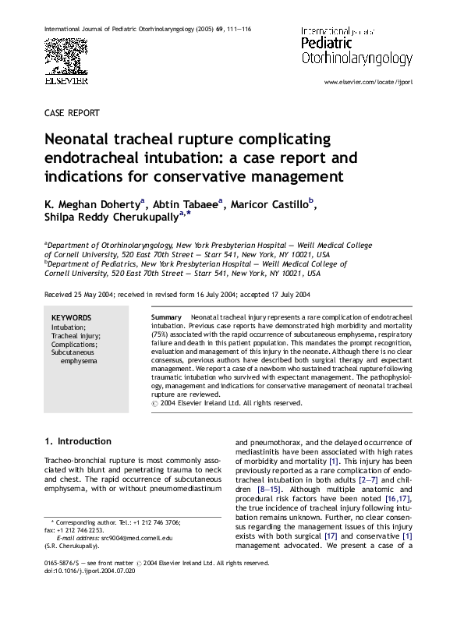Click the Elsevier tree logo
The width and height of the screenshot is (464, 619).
click(66, 54)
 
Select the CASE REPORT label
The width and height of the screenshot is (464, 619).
click(72, 112)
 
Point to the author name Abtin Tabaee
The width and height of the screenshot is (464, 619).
click(188, 205)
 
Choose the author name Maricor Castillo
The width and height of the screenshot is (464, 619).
click(273, 205)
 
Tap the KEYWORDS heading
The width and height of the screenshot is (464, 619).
click(71, 318)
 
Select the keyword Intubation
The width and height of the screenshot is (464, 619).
click(69, 328)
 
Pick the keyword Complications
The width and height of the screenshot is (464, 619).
click(74, 345)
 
